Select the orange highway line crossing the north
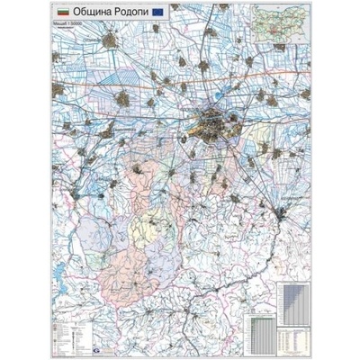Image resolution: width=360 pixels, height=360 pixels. tap(270, 76)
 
